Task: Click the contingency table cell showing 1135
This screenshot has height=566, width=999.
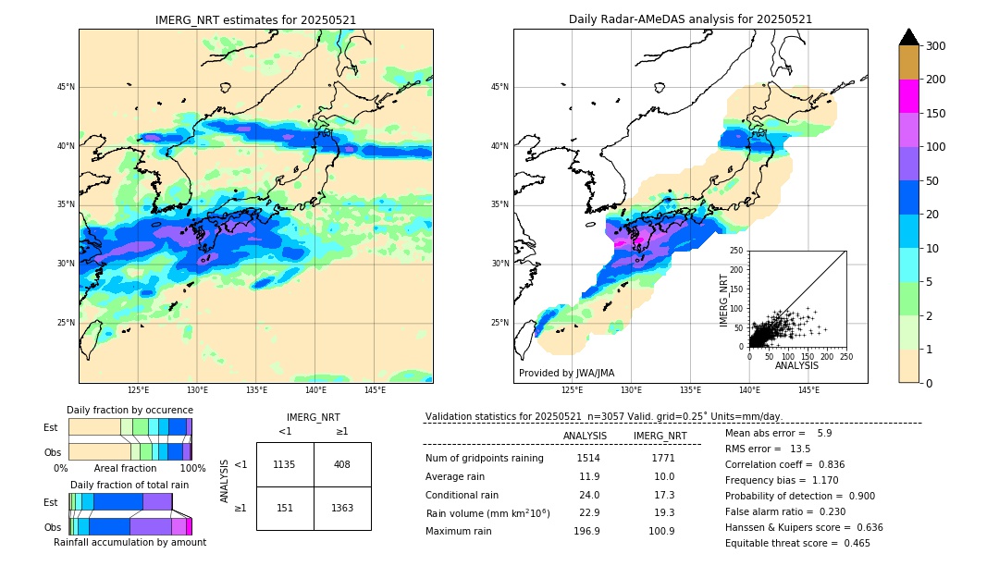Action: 285,464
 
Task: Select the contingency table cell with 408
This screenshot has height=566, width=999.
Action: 341,464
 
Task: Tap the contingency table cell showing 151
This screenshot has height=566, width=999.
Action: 285,508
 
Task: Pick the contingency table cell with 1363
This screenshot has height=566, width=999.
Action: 341,508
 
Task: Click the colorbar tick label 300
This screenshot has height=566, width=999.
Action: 936,45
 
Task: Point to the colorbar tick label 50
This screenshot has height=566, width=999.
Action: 932,180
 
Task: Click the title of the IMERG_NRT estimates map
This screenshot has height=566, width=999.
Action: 255,19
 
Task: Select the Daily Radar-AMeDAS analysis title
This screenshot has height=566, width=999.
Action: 690,19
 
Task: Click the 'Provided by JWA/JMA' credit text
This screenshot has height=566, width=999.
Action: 566,373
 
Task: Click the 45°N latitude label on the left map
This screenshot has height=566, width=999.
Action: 66,87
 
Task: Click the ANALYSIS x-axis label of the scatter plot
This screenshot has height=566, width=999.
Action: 796,365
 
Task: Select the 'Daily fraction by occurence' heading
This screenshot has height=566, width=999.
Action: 129,410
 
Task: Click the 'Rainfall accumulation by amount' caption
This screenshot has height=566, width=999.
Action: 129,542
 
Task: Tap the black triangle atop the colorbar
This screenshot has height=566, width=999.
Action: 909,37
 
